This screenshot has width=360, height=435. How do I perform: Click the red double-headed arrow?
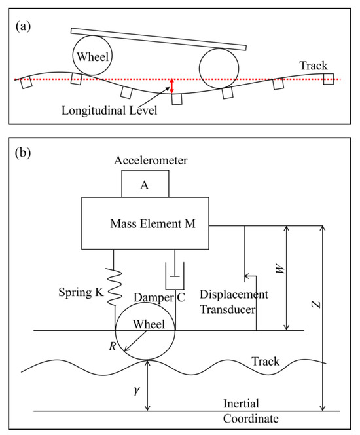click(x=171, y=86)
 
